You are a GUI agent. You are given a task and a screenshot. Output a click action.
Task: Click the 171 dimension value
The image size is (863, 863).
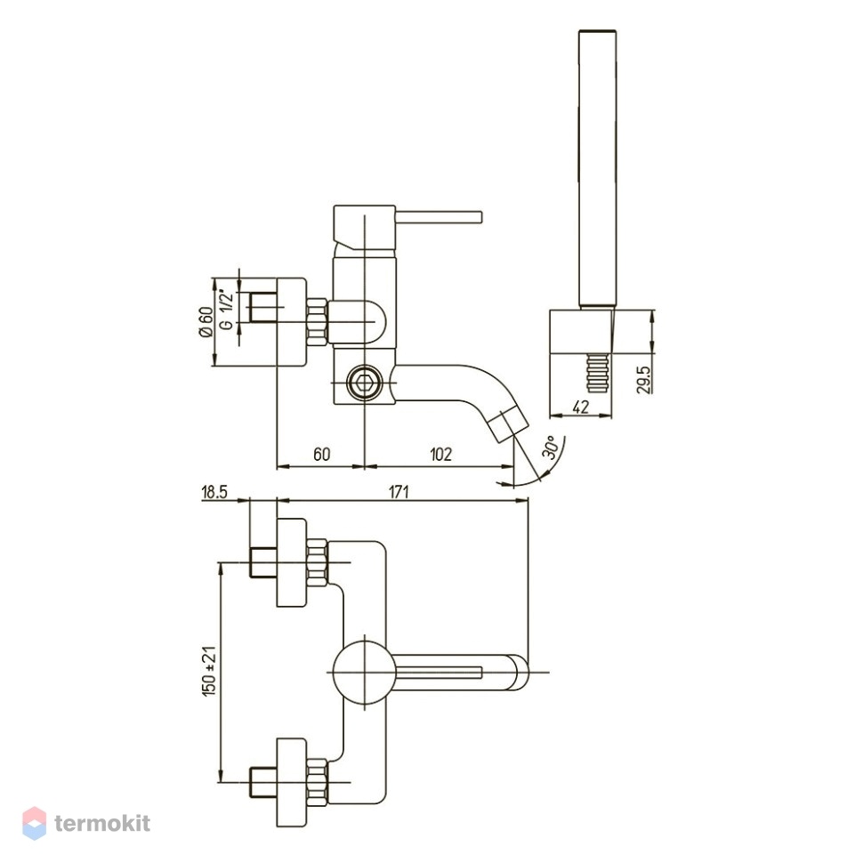tap(399, 491)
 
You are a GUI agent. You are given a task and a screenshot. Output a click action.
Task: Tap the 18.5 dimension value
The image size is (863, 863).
tap(214, 491)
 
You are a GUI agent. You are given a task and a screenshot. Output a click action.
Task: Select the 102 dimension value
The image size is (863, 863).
tap(440, 454)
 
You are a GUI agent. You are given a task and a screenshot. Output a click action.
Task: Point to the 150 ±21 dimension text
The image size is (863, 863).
tap(210, 670)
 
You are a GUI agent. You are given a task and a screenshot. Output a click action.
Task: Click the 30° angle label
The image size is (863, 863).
tap(552, 447)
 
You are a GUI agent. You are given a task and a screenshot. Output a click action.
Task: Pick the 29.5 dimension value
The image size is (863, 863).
tap(643, 380)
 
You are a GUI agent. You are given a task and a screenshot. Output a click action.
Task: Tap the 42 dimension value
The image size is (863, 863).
tap(581, 407)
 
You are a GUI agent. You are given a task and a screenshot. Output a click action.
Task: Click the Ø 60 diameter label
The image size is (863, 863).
tap(206, 322)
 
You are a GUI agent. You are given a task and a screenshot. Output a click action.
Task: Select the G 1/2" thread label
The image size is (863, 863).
tap(226, 310)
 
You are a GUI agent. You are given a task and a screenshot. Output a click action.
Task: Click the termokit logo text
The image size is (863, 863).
tap(102, 823)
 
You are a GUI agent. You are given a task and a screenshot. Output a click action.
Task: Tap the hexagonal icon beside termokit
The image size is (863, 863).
tap(34, 823)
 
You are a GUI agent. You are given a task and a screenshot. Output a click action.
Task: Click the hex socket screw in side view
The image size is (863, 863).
tap(364, 382)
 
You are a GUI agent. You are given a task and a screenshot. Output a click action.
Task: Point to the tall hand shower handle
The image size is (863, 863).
tap(597, 167)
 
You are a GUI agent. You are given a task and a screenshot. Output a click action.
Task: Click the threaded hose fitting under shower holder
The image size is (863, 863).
tap(597, 374)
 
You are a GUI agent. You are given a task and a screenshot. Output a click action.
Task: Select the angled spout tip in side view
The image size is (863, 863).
tap(507, 422)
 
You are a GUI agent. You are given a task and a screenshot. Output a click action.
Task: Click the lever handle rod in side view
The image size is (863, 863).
tap(439, 217)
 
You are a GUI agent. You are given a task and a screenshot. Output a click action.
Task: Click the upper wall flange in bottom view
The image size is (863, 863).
tap(291, 562)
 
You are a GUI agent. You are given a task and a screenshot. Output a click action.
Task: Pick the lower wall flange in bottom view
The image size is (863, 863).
tap(291, 781)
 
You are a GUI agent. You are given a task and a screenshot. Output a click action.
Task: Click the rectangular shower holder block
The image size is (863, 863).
tap(581, 333)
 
